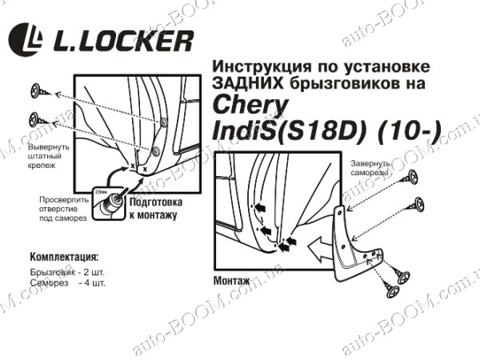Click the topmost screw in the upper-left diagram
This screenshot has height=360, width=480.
point(38,89)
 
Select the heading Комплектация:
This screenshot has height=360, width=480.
point(64,258)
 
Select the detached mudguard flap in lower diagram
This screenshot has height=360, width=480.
point(352,240)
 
